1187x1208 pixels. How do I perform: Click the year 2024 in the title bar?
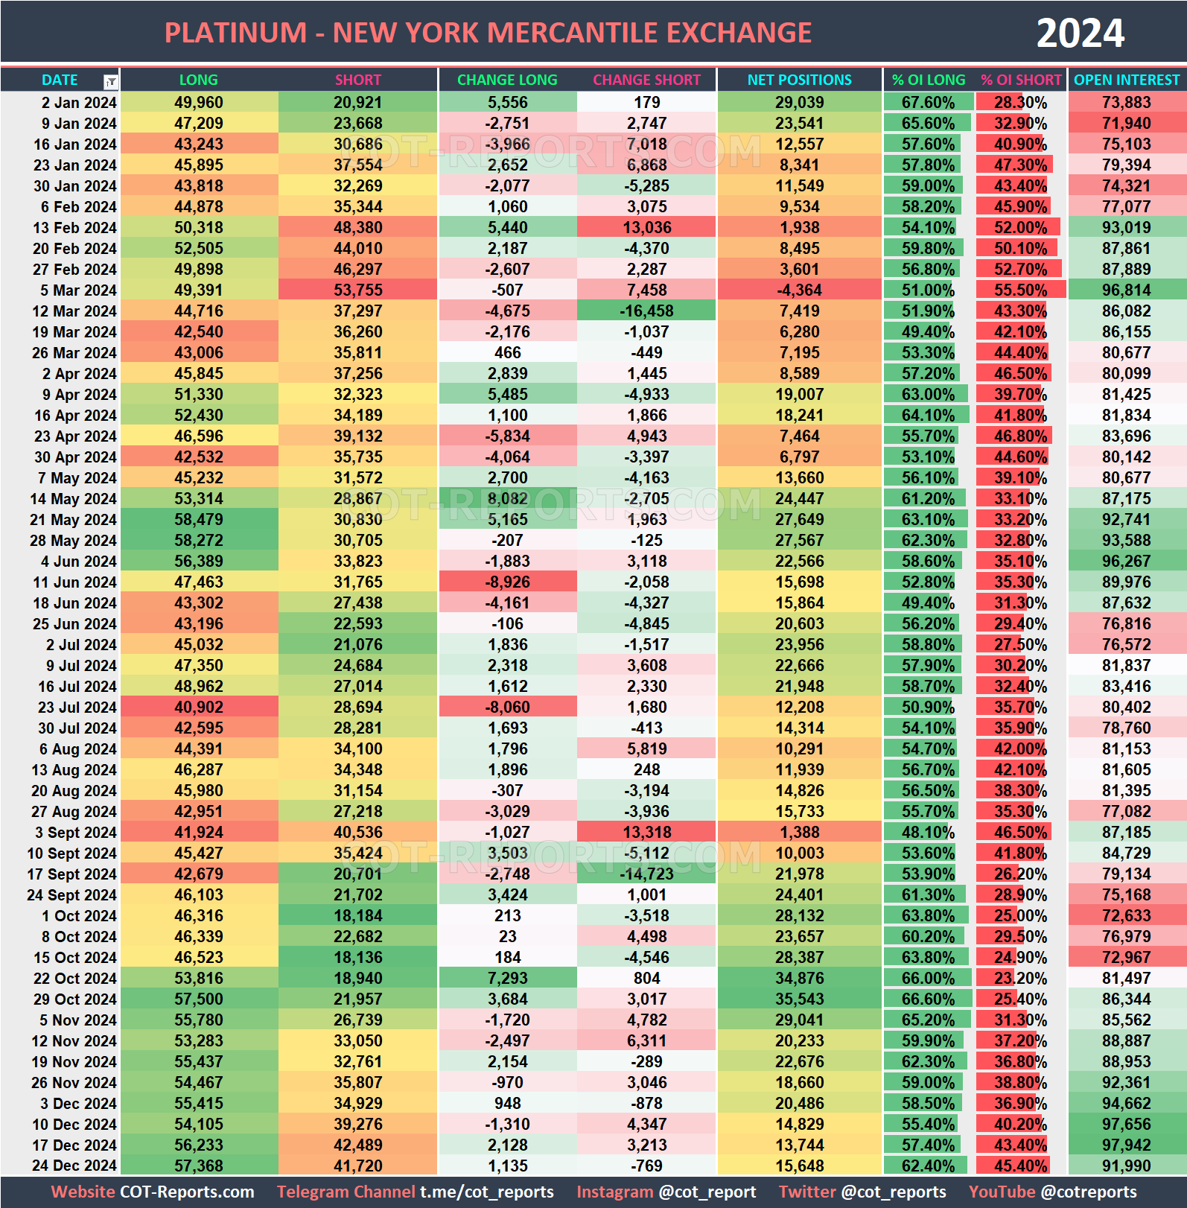click(x=1080, y=34)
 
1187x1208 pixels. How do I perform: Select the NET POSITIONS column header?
click(x=799, y=80)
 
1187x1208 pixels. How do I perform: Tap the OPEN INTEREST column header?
click(x=1127, y=80)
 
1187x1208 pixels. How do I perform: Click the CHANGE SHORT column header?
click(x=646, y=80)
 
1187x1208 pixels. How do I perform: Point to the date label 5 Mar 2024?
click(x=77, y=290)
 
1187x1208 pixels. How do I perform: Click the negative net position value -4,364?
click(x=799, y=290)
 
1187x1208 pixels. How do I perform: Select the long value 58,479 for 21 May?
click(x=199, y=520)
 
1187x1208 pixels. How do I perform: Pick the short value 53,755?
click(x=357, y=290)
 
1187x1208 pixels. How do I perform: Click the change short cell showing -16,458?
click(x=646, y=311)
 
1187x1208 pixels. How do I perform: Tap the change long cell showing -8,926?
click(x=507, y=582)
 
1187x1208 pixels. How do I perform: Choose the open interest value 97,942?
click(x=1127, y=1145)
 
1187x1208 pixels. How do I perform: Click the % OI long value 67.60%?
click(x=928, y=103)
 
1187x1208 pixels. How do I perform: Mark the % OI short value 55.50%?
click(x=1021, y=290)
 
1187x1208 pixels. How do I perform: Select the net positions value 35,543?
click(x=799, y=999)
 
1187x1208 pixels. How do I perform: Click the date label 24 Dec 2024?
click(x=74, y=1166)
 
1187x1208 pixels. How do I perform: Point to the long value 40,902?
click(x=199, y=708)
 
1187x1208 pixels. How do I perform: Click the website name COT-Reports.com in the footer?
click(x=187, y=1192)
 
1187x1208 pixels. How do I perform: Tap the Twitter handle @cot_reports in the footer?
click(x=894, y=1192)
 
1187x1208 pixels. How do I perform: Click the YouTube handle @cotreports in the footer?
click(x=1088, y=1192)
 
